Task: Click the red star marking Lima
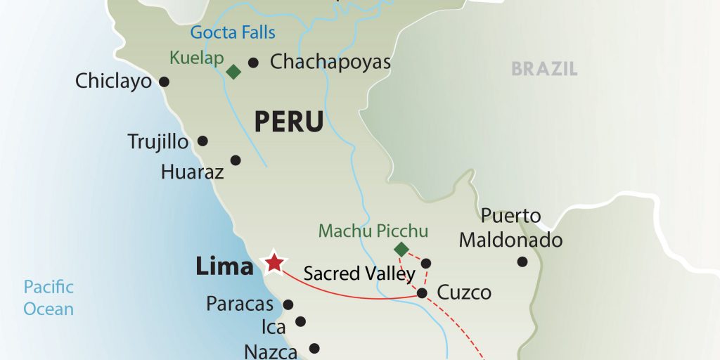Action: coord(274,263)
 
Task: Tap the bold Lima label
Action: coord(224,266)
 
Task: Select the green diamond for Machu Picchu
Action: coord(401,249)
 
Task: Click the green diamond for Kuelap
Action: coord(233,71)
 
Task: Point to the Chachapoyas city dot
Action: coord(253,62)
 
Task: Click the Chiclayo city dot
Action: coord(165,82)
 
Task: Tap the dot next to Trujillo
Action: coord(202,141)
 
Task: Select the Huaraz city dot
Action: coord(236,160)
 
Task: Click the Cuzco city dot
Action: coord(422,293)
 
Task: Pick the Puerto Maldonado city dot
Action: coord(522,262)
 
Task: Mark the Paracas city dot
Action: coord(288,304)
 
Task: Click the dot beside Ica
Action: coord(301,321)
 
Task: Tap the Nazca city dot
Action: coord(314,347)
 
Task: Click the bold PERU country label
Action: coord(288,122)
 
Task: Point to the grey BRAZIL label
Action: coord(544,69)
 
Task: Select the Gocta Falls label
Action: coord(232,32)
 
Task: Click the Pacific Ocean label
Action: coord(49,297)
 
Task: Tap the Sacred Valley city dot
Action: coord(425,264)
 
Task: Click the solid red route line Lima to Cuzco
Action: coord(352,295)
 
